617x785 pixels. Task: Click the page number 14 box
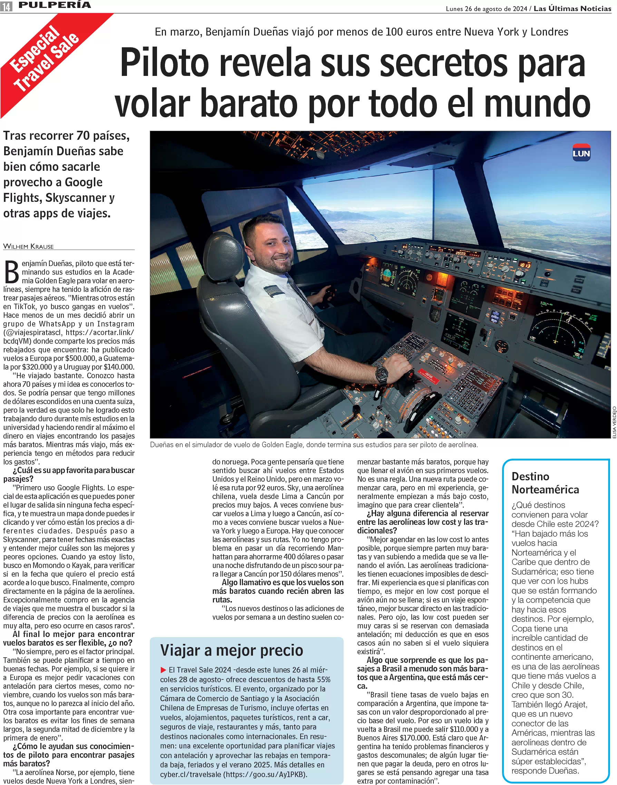click(x=6, y=6)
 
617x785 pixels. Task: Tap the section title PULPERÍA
click(x=55, y=5)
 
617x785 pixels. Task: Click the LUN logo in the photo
click(x=581, y=153)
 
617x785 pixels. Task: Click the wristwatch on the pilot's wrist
click(x=381, y=374)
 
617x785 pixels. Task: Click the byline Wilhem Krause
click(x=29, y=246)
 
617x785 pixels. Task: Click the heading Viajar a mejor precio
click(x=232, y=650)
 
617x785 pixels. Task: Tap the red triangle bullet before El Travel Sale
click(x=163, y=670)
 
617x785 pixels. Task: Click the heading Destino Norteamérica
click(x=545, y=483)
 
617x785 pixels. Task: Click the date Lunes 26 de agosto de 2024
click(x=486, y=9)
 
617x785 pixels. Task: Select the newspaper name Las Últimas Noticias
click(x=572, y=9)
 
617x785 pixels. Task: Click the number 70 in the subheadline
click(x=83, y=136)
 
